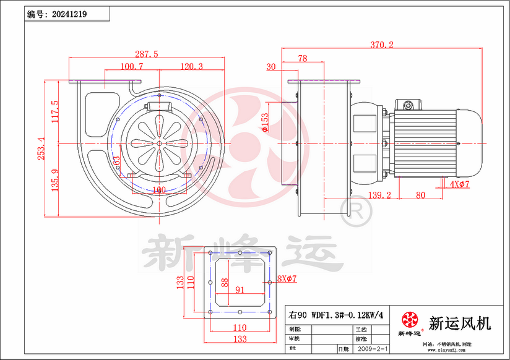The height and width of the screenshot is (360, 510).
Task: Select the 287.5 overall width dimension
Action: [147, 54]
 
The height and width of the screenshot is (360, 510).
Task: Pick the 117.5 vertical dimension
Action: [54, 112]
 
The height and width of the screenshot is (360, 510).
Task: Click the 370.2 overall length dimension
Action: [382, 45]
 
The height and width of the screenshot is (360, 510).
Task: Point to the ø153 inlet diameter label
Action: [265, 122]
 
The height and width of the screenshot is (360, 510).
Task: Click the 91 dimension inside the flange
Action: [240, 289]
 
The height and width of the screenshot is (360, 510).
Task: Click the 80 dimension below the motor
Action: [420, 195]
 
